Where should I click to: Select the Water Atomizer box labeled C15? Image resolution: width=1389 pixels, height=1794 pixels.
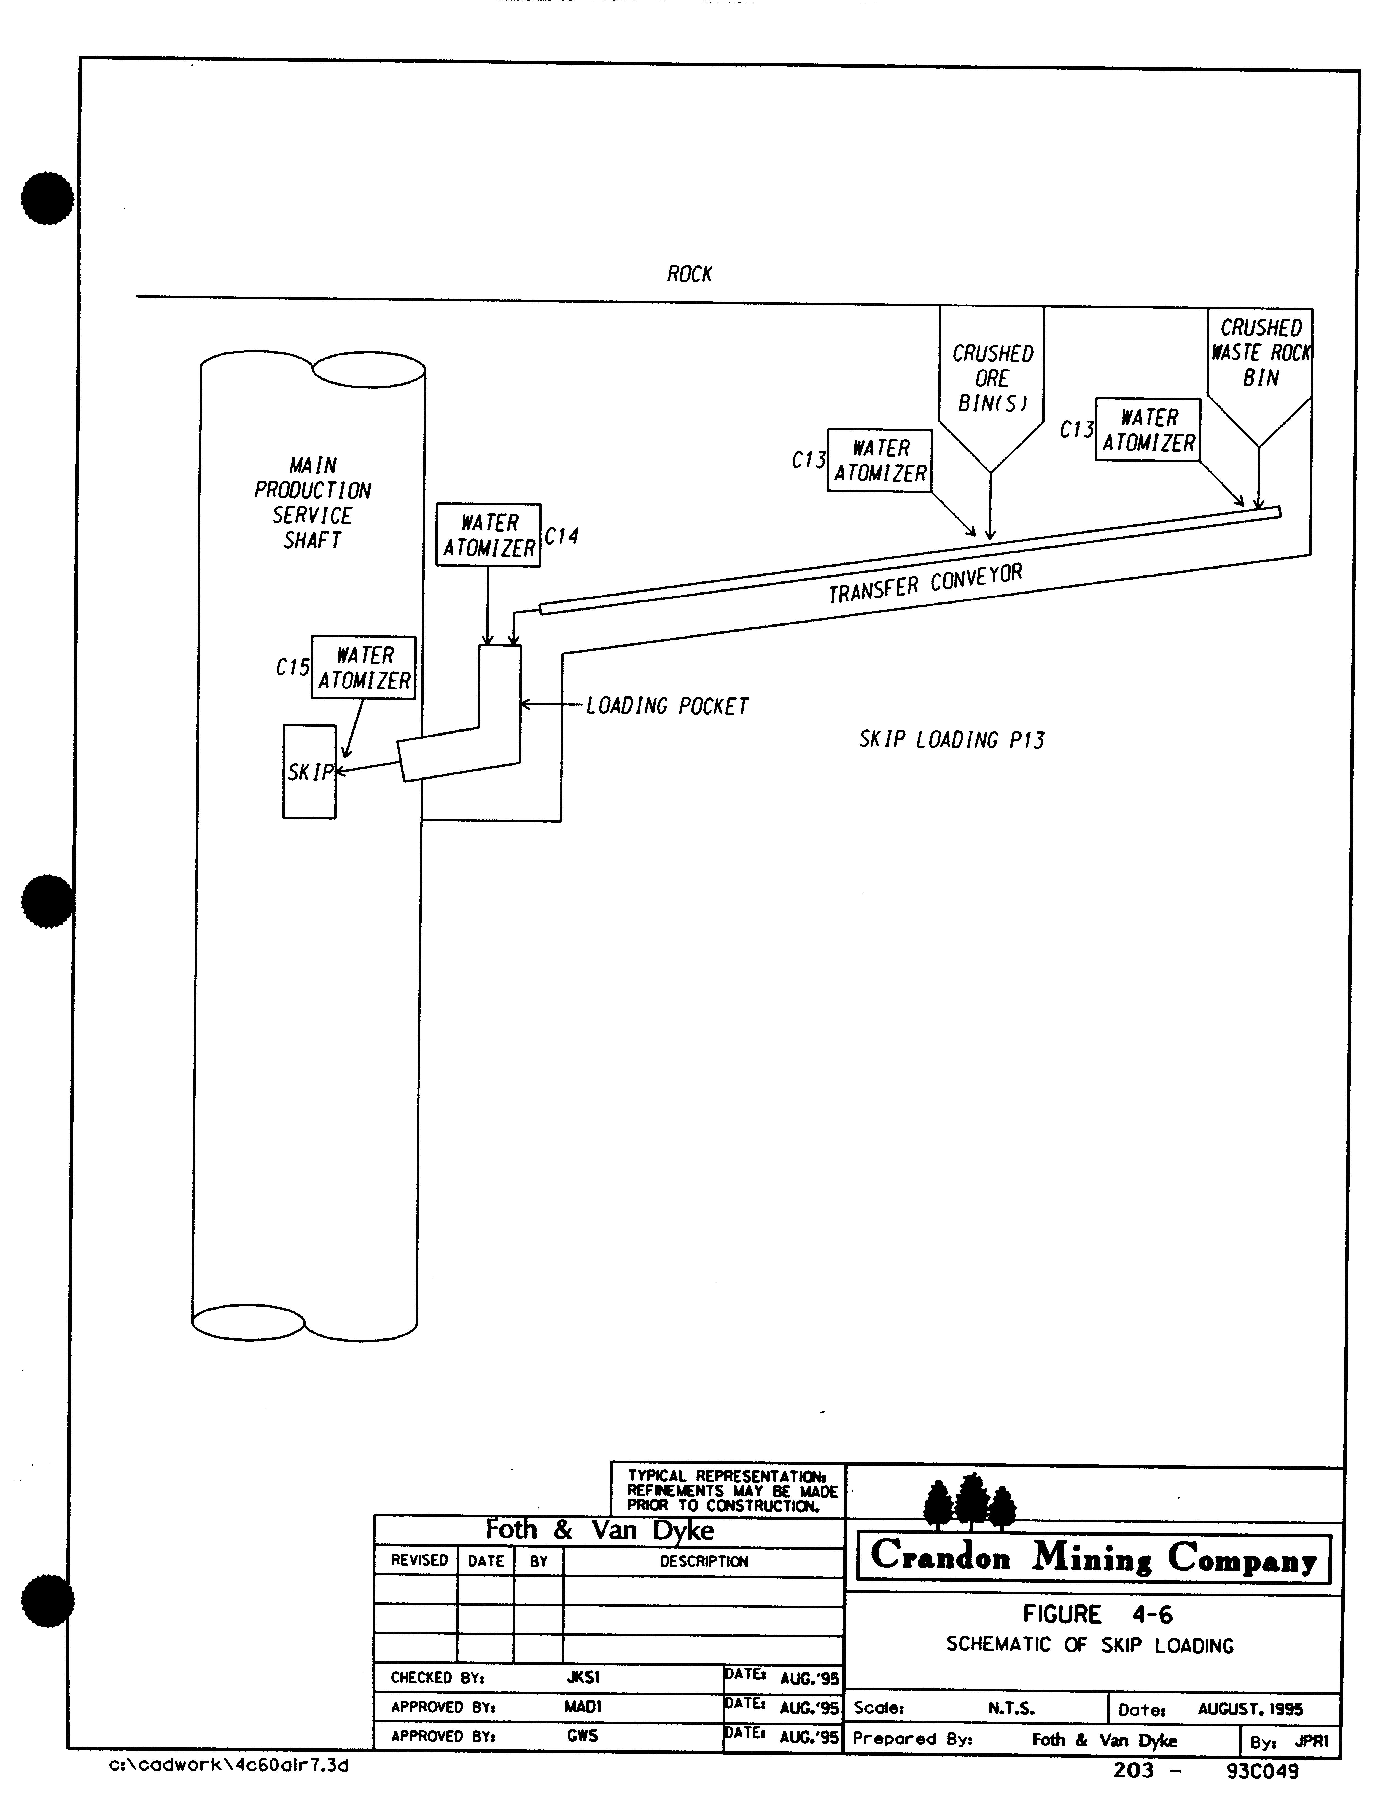click(x=363, y=668)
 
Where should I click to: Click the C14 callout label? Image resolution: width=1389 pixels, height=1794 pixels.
click(x=561, y=536)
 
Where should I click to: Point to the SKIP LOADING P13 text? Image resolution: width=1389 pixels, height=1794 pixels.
click(x=951, y=740)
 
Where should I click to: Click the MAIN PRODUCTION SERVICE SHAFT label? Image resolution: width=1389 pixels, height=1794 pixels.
click(x=312, y=503)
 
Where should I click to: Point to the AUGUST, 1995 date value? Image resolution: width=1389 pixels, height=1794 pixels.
click(x=1249, y=1709)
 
